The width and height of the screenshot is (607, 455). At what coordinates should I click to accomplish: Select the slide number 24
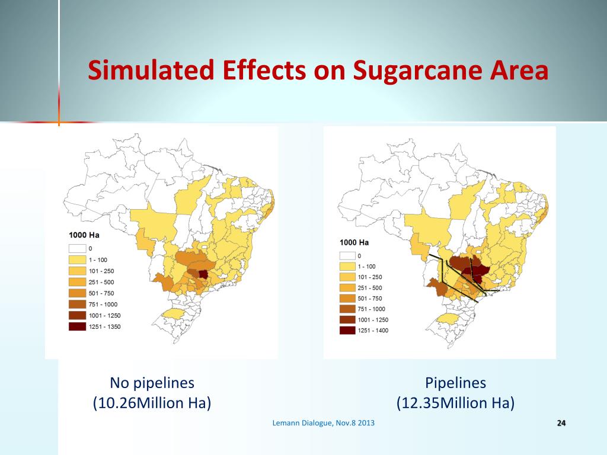click(561, 423)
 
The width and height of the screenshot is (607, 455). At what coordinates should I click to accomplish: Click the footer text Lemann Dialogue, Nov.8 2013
click(323, 423)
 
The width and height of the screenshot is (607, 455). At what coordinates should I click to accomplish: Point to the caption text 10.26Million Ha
click(152, 403)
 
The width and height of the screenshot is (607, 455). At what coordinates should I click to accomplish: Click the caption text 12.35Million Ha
click(455, 403)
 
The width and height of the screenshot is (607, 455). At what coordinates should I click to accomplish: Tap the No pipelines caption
click(152, 383)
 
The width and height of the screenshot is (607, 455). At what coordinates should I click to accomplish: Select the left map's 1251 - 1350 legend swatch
click(77, 326)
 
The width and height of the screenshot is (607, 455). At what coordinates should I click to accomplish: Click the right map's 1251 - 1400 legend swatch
click(347, 331)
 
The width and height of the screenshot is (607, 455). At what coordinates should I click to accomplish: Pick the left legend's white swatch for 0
click(77, 248)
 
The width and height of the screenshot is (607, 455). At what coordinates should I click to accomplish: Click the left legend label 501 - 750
click(101, 293)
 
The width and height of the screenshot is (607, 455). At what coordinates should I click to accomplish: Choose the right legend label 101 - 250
click(370, 277)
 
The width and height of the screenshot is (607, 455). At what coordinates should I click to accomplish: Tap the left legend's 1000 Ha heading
click(84, 235)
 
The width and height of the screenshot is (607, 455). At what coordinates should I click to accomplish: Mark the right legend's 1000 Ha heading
click(354, 242)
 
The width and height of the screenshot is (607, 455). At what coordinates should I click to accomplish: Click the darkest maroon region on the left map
click(203, 274)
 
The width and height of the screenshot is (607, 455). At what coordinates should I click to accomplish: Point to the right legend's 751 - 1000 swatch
click(347, 309)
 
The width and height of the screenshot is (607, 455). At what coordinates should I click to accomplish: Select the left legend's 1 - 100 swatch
click(77, 259)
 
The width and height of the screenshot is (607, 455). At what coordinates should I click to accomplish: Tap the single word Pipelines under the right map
click(455, 383)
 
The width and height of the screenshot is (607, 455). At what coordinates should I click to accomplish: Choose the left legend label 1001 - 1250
click(104, 315)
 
